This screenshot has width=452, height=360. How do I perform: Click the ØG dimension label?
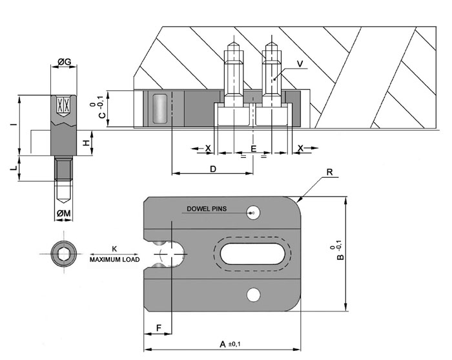pyautogui.click(x=64, y=61)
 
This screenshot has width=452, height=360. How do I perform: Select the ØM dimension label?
pyautogui.click(x=64, y=213)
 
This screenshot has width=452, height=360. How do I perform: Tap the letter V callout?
pyautogui.click(x=300, y=64)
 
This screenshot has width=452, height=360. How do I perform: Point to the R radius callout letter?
pyautogui.click(x=329, y=172)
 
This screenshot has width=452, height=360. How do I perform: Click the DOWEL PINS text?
pyautogui.click(x=207, y=209)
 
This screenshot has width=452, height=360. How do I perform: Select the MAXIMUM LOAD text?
pyautogui.click(x=114, y=260)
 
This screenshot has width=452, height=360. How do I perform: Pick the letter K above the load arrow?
pyautogui.click(x=114, y=249)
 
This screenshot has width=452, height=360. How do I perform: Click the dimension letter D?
pyautogui.click(x=212, y=169)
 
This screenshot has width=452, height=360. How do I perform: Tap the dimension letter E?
pyautogui.click(x=253, y=149)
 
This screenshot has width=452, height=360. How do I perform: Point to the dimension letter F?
pyautogui.click(x=159, y=328)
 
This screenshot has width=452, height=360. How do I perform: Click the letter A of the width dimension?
pyautogui.click(x=223, y=344)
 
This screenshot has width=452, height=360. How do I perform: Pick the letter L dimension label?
pyautogui.click(x=14, y=168)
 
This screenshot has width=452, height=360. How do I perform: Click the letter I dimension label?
pyautogui.click(x=14, y=124)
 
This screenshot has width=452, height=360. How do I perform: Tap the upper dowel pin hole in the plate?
pyautogui.click(x=253, y=213)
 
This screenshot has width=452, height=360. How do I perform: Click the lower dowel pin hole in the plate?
pyautogui.click(x=254, y=295)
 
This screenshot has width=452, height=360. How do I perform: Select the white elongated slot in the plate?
pyautogui.click(x=252, y=254)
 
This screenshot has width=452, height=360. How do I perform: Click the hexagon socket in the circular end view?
pyautogui.click(x=64, y=254)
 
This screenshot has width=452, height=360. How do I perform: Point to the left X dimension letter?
pyautogui.click(x=208, y=148)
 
